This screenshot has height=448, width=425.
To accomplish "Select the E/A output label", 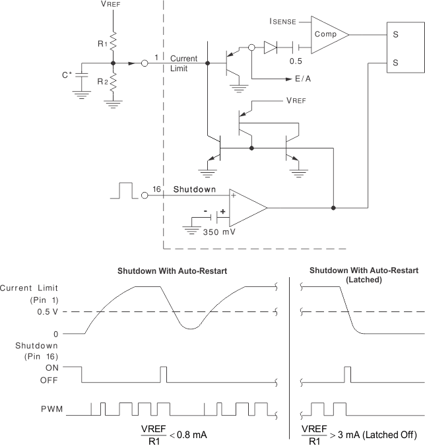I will point(304,78).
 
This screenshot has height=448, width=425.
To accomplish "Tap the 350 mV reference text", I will point(218,232).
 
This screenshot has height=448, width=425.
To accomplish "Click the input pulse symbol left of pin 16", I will point(125,191).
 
